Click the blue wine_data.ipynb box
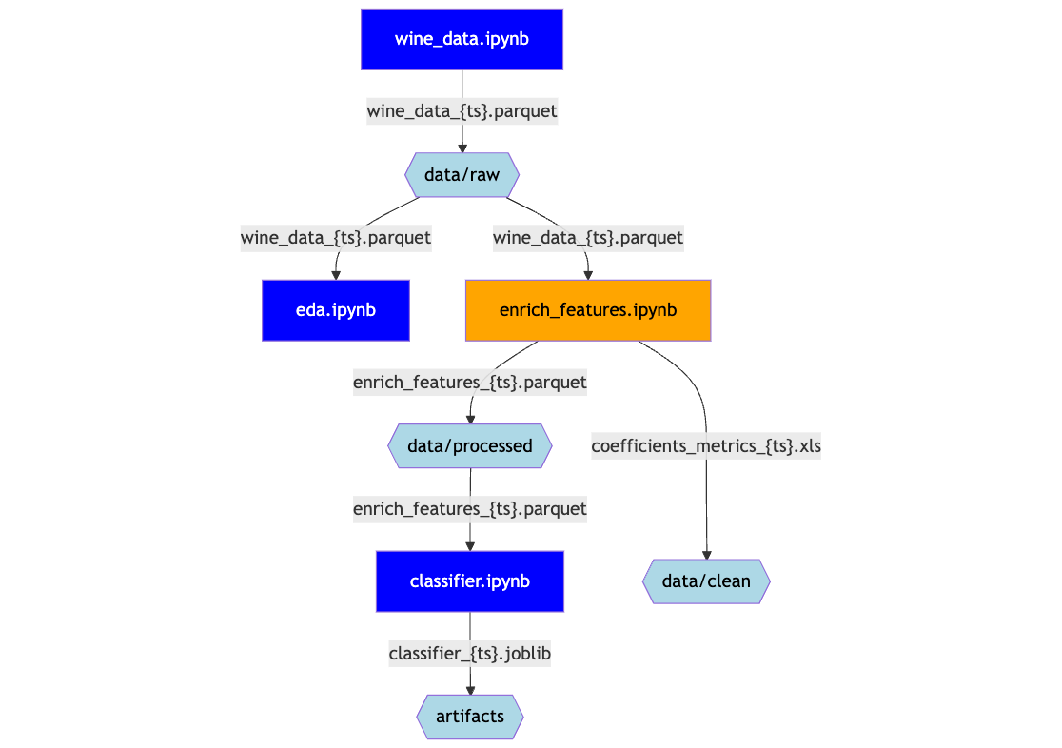[462, 39]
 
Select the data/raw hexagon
[462, 174]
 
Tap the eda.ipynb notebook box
[335, 310]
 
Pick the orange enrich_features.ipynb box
[588, 310]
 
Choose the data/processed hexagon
[470, 445]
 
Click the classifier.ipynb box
[470, 581]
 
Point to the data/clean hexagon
[706, 581]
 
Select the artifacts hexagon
[470, 717]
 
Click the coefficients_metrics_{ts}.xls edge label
[706, 445]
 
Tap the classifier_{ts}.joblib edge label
[470, 654]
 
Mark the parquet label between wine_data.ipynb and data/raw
[462, 110]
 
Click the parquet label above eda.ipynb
[336, 237]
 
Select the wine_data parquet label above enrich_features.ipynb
[588, 237]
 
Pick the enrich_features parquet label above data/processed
[470, 382]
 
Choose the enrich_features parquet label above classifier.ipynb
[470, 508]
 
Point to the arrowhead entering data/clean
[706, 554]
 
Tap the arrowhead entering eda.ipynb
[336, 274]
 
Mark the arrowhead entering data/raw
[462, 148]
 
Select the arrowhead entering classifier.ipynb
[470, 545]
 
